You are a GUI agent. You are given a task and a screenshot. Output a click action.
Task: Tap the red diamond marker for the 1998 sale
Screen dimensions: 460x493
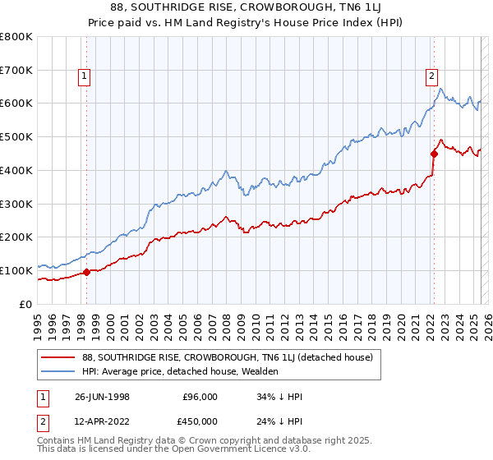(x=87, y=272)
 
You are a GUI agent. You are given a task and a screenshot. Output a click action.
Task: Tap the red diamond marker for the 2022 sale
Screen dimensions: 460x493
(x=434, y=153)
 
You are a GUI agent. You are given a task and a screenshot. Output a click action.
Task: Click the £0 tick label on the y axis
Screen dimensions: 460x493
(x=26, y=304)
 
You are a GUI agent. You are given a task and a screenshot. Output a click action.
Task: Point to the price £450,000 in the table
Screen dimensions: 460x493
(x=200, y=421)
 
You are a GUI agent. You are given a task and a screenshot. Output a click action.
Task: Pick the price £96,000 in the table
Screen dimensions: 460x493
(x=200, y=396)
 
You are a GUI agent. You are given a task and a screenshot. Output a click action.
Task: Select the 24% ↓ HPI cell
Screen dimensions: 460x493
(x=280, y=421)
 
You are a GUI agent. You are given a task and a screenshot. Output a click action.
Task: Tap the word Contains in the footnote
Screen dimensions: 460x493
(x=57, y=442)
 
